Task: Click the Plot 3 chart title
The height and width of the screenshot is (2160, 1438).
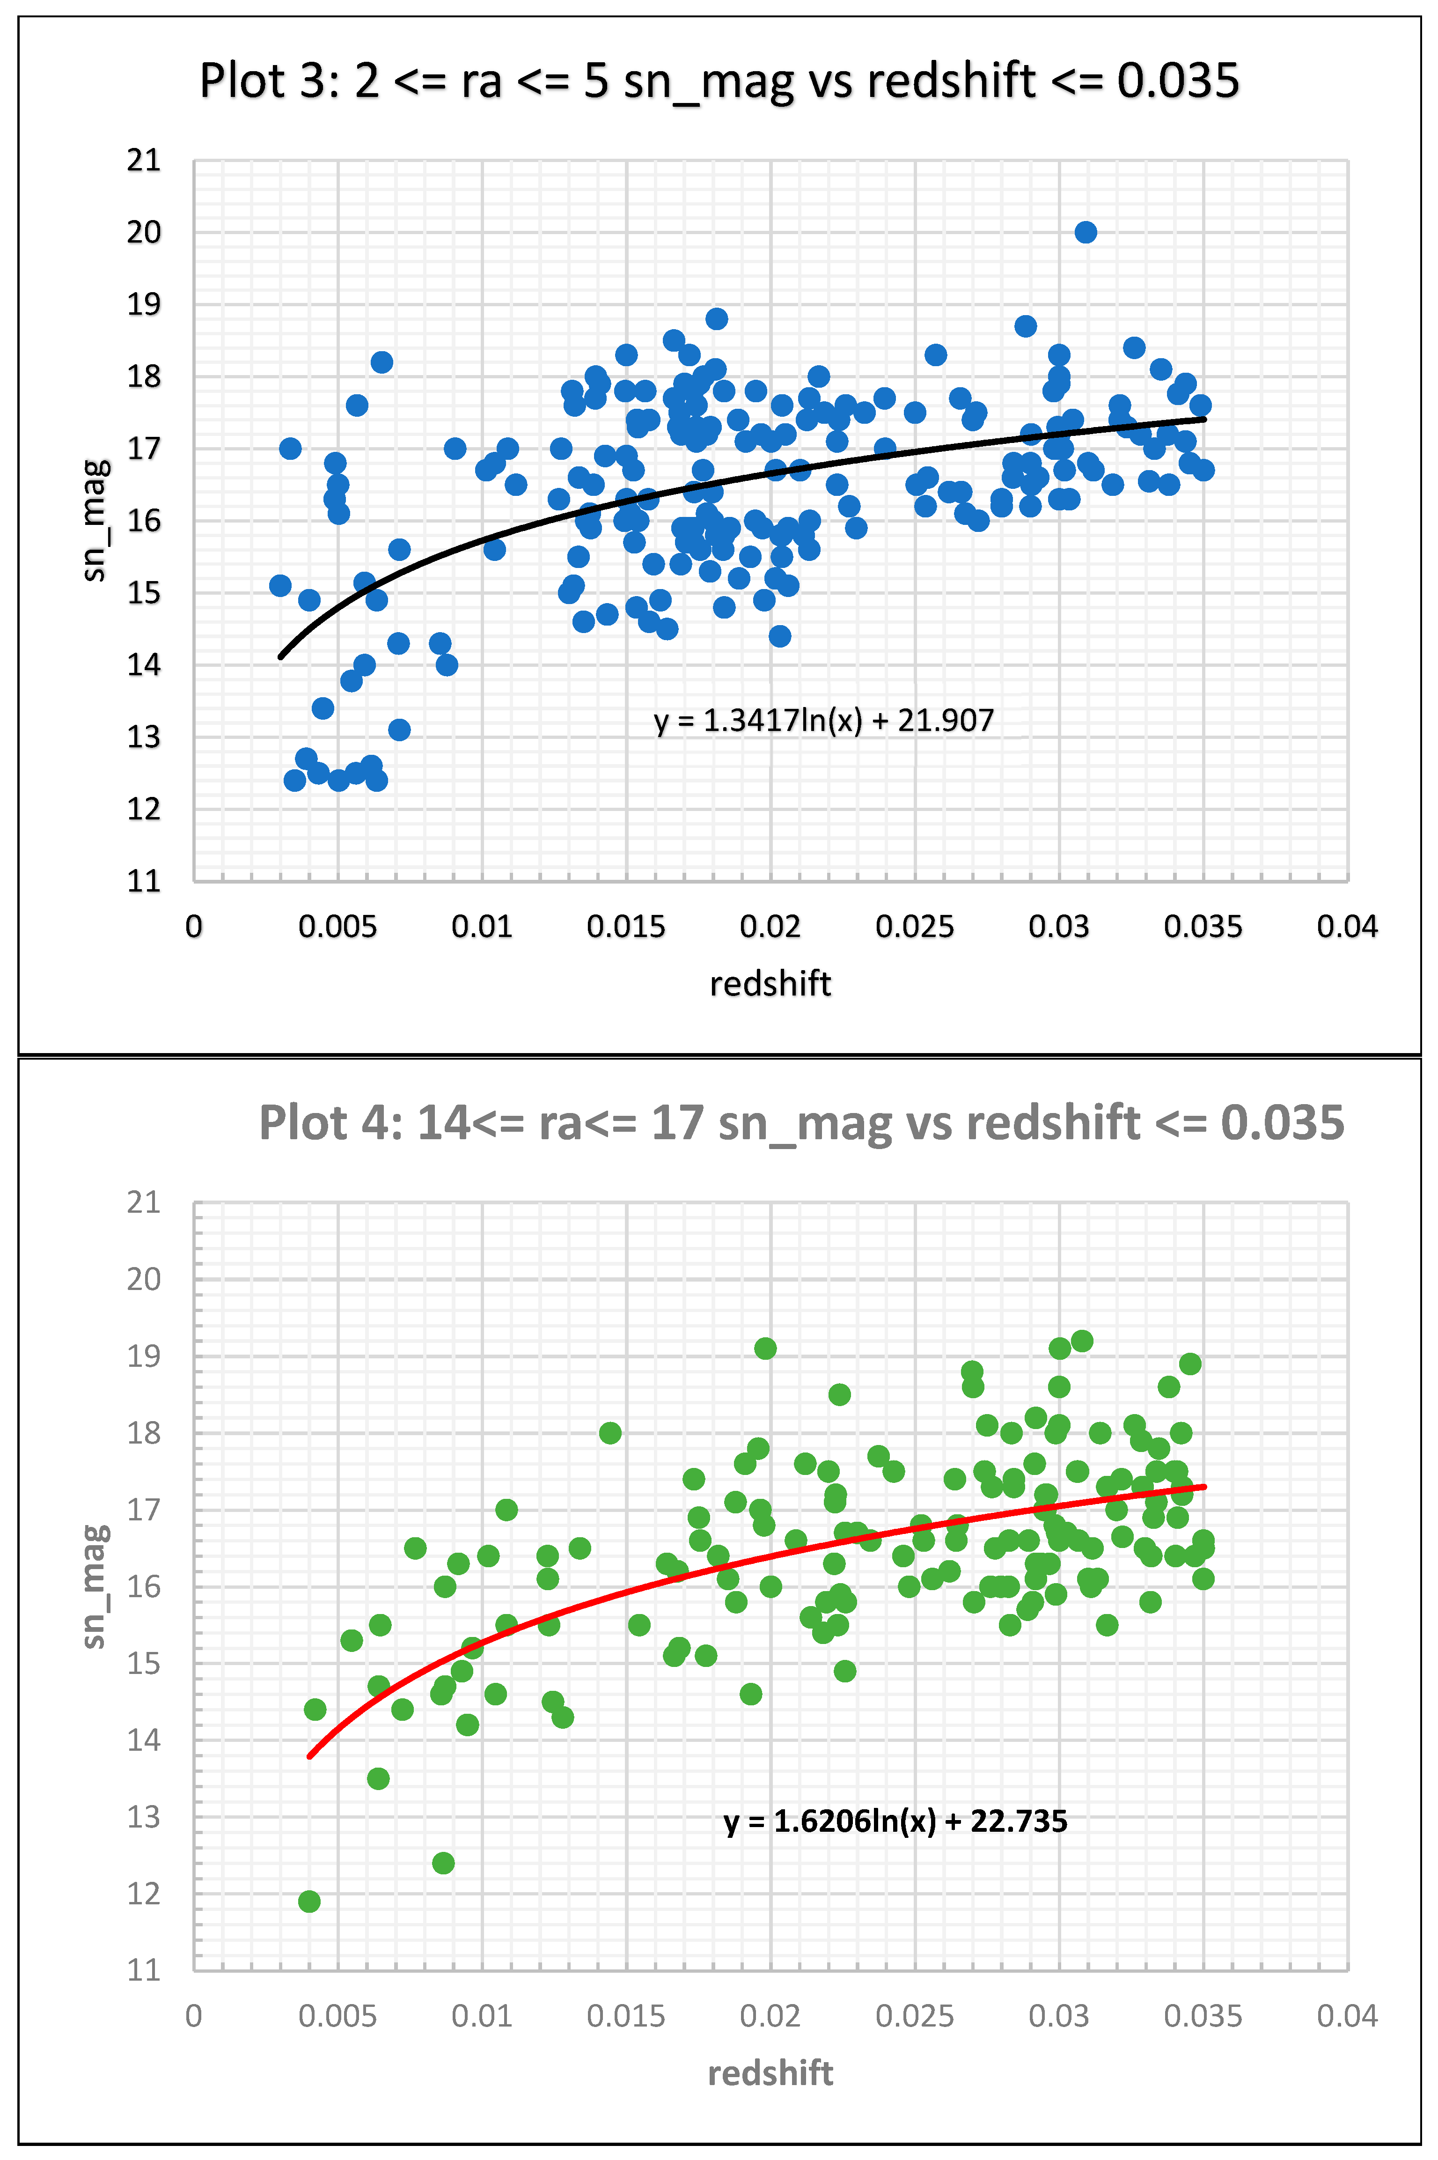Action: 719,81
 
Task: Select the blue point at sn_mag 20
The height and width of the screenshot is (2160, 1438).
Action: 1085,232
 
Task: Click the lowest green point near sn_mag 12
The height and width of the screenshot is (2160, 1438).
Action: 309,1902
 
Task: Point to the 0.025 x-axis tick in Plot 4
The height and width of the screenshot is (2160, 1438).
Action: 914,2016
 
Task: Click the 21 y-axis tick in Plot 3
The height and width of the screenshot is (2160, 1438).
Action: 144,161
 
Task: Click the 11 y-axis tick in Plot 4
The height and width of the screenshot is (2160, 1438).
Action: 144,1969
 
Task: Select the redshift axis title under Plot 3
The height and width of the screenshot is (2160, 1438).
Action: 770,983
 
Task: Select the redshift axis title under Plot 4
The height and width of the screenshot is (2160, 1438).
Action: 770,2073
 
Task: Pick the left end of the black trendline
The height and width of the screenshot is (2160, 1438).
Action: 281,657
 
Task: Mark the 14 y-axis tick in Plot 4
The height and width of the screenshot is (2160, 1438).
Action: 144,1740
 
